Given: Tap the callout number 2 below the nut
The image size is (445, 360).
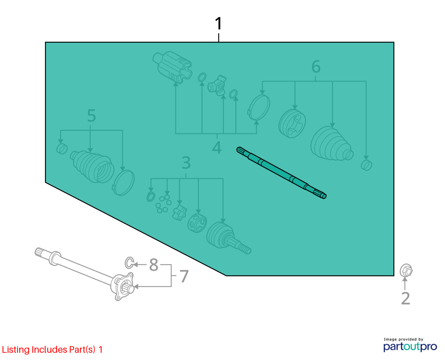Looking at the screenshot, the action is (405, 298).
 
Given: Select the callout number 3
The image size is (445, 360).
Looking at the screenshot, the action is (186, 163).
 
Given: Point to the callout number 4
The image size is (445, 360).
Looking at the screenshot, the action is (217, 147).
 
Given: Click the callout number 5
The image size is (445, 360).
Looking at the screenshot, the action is (91, 115).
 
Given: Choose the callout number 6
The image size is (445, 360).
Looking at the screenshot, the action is (316, 66).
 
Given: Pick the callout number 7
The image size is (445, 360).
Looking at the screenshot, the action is (184, 276).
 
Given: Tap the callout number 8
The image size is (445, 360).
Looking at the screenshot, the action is (153, 265).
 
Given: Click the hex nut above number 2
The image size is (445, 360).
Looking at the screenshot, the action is (406, 270).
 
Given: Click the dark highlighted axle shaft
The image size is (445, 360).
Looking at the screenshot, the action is (281, 173).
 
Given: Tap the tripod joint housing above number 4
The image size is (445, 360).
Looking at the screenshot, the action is (172, 67).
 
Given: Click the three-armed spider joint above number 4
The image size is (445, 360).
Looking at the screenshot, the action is (217, 85).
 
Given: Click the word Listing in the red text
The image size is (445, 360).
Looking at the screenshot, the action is (16, 349).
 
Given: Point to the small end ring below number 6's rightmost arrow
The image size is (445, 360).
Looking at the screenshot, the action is (366, 165).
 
